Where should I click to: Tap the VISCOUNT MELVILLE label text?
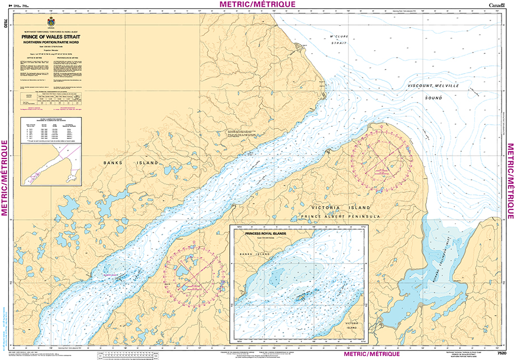pos(434,86)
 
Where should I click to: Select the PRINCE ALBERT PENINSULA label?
pos(339,216)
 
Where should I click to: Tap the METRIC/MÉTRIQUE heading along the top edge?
pos(257,4)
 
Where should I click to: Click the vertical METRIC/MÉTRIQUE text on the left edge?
pos(5,177)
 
